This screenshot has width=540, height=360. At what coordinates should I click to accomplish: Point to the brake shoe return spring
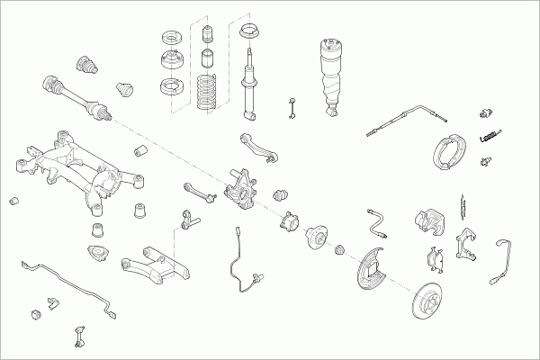pyautogui.click(x=490, y=136)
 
